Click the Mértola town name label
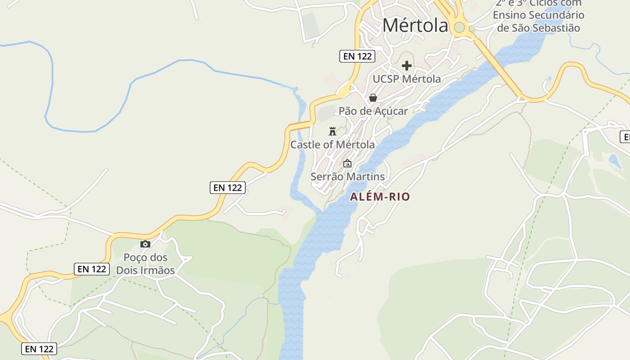[415, 26]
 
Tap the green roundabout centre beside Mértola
[459, 27]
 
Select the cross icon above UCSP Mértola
[407, 66]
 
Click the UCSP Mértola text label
[407, 79]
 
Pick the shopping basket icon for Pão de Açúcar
[373, 98]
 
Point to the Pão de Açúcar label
[373, 111]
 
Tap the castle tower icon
[333, 131]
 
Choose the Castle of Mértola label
[333, 145]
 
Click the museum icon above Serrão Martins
[347, 163]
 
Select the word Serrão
[328, 177]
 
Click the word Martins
[366, 177]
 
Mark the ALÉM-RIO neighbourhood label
[380, 197]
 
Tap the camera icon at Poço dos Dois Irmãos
[145, 244]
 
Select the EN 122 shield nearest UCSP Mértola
[357, 56]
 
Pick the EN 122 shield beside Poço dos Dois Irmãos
[92, 269]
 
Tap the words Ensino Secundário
[538, 15]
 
